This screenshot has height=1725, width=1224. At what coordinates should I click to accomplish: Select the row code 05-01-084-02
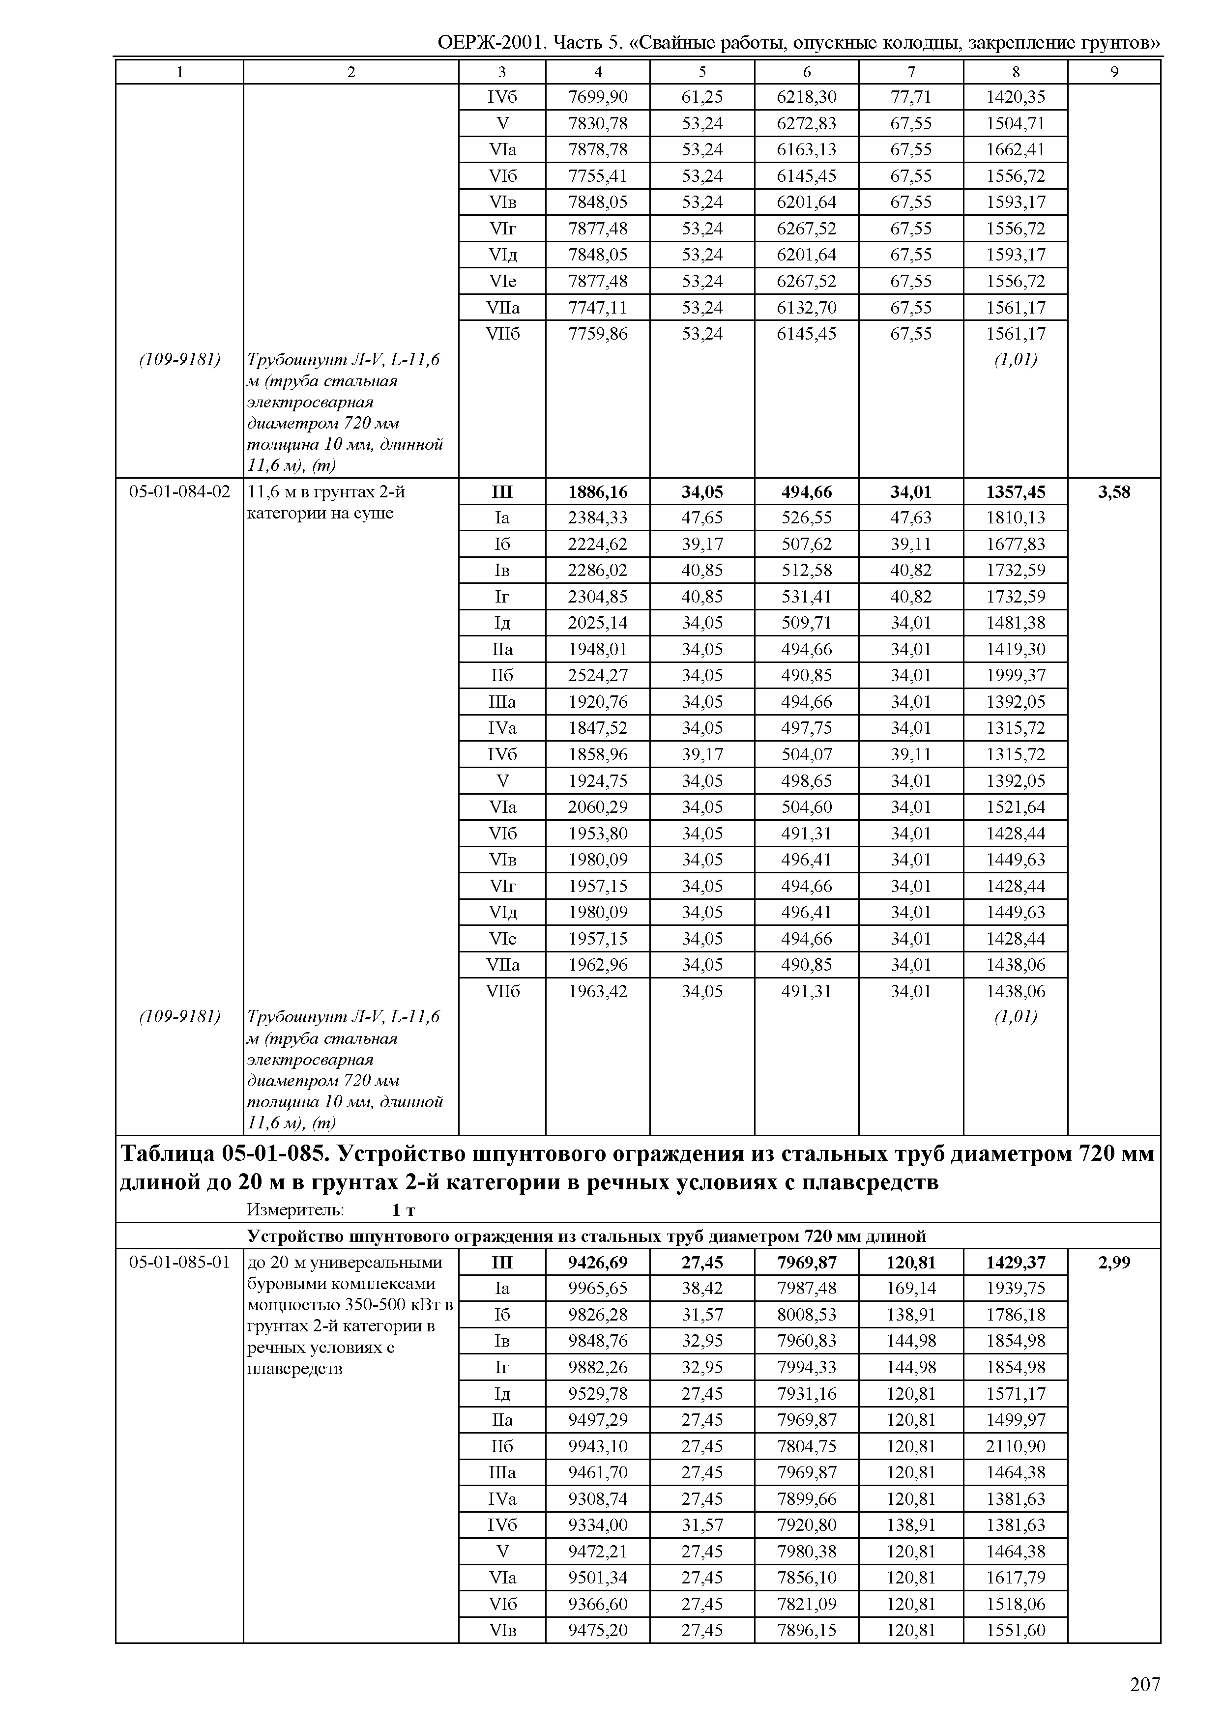(x=179, y=492)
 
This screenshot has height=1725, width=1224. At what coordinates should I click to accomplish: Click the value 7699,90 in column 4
(x=598, y=97)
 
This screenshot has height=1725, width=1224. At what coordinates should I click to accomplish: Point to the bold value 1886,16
(x=598, y=492)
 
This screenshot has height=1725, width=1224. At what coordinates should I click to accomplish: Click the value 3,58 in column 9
(x=1114, y=492)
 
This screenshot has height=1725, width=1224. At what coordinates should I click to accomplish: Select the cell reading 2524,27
(x=598, y=675)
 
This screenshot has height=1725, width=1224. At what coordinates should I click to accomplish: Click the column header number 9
(x=1114, y=72)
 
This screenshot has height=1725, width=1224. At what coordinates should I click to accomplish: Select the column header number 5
(x=702, y=72)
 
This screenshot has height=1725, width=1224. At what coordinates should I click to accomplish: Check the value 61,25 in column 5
(x=702, y=97)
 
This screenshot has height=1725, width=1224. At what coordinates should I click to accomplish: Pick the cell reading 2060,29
(x=598, y=807)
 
